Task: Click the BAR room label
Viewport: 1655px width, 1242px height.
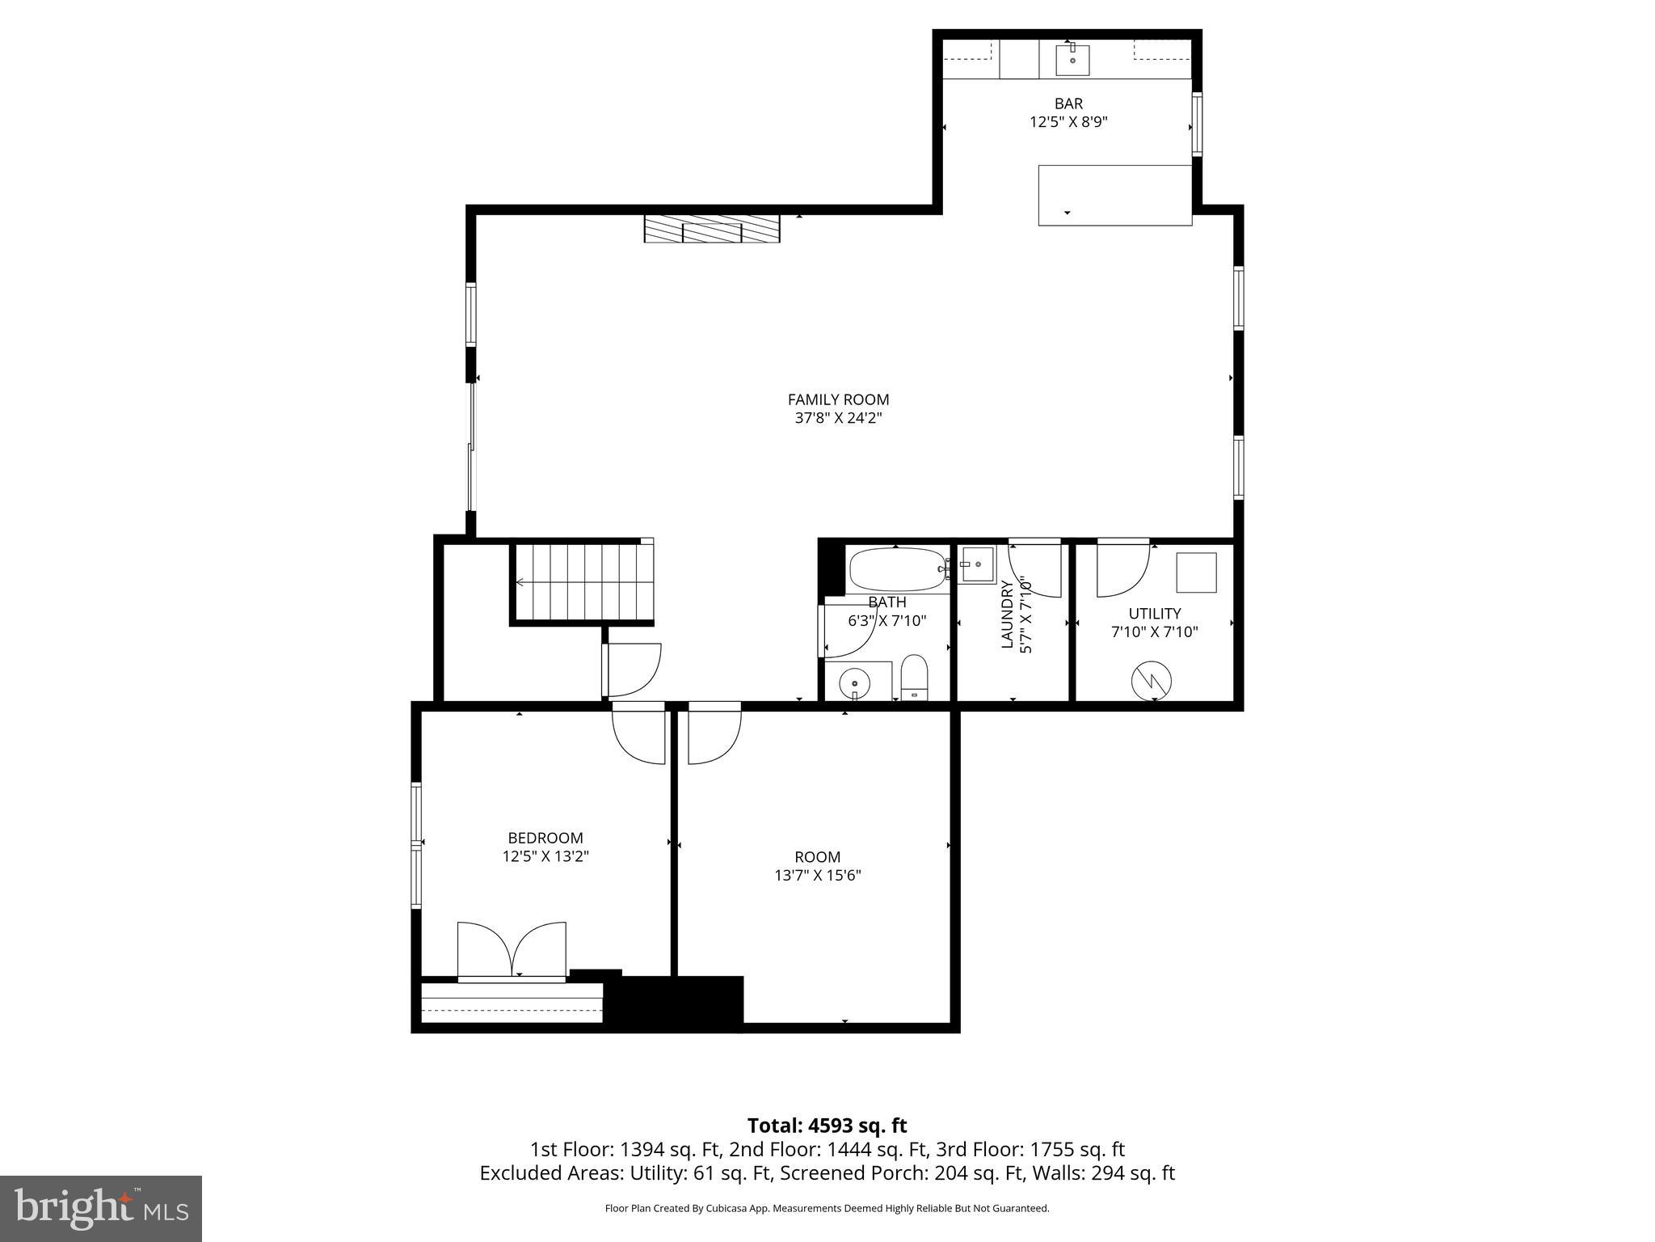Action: tap(1068, 103)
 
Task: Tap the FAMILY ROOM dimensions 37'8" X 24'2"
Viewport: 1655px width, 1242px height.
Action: tap(838, 418)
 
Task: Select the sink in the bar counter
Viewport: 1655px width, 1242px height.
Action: tap(1072, 60)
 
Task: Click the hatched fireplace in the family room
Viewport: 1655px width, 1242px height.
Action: tap(711, 229)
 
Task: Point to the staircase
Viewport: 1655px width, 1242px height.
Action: tap(582, 581)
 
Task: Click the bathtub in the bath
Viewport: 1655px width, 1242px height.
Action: tap(897, 569)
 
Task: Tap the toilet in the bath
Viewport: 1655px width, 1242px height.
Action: tap(914, 678)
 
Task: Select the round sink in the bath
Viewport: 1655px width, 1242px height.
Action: tap(856, 683)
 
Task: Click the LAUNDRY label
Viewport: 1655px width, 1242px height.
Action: tap(1007, 614)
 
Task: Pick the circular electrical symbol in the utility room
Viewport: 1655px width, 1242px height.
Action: tap(1151, 681)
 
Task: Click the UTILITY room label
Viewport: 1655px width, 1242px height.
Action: tap(1154, 614)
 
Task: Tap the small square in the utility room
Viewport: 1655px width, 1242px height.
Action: tap(1195, 572)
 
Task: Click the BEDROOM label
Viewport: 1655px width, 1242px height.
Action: tap(545, 838)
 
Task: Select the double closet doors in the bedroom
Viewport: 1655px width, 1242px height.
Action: tap(512, 951)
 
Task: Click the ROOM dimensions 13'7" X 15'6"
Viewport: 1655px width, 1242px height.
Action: tap(817, 875)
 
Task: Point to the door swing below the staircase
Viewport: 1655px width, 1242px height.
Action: tap(633, 670)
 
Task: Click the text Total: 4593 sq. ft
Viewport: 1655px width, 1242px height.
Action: tap(827, 1126)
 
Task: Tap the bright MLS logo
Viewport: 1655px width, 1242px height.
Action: tap(100, 1208)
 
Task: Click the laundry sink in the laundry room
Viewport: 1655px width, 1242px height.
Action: tap(976, 564)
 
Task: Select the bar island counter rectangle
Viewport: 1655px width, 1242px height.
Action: tap(1114, 195)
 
